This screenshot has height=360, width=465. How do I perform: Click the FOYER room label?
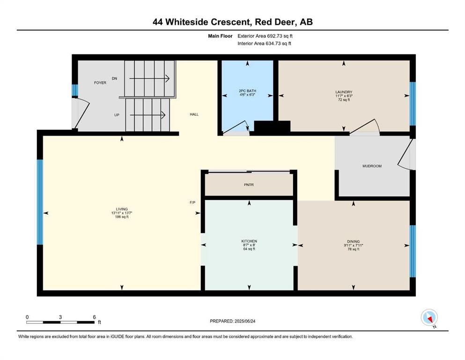coord(100,83)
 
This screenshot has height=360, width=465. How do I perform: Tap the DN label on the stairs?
coord(114,78)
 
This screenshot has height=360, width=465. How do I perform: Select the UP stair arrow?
coord(148,115)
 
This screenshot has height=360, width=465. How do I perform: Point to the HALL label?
coord(194,114)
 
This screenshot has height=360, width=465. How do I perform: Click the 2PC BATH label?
coord(247,91)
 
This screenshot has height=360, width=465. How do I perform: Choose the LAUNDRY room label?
coord(344,92)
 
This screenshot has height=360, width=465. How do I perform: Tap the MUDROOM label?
coord(372,166)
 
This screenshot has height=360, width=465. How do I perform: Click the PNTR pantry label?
coord(249,185)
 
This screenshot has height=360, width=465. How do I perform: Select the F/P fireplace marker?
coord(192,202)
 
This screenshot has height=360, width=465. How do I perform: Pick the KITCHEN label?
coord(249,241)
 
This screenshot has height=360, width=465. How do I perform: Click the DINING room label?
coord(353,241)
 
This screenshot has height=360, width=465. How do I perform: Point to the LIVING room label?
coord(122,209)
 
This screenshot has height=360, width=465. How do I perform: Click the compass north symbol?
coord(429,318)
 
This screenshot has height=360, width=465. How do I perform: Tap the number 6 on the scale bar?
coord(94,317)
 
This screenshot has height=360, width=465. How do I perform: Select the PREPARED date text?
coord(232,321)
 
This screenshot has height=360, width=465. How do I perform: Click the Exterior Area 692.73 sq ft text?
coord(265,36)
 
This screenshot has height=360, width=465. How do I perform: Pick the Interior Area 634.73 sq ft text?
coord(264,43)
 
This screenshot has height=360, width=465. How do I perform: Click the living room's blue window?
coord(40,202)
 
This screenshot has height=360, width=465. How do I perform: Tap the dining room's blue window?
coord(413,251)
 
